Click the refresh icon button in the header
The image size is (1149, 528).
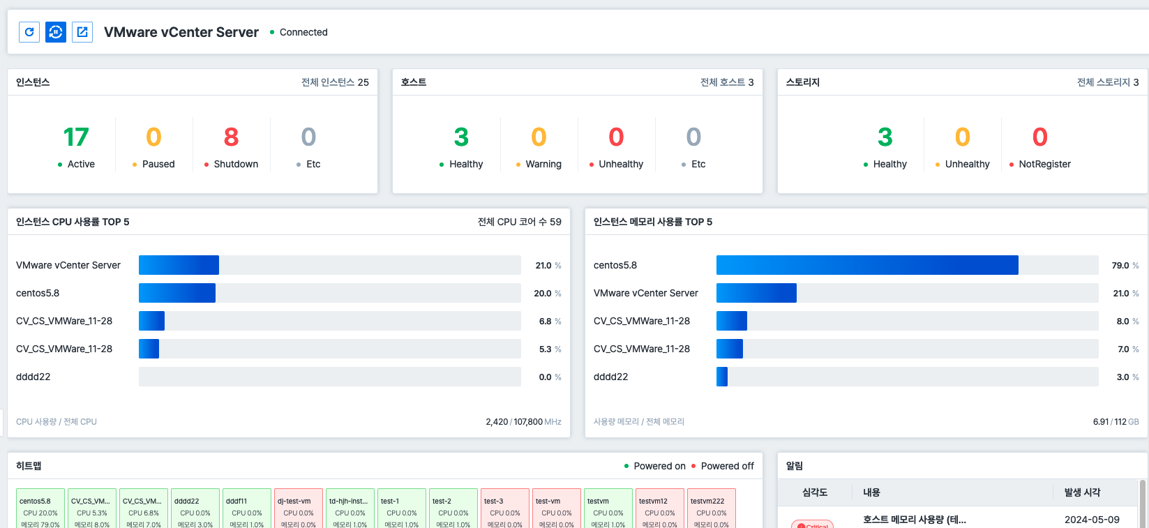coord(29,32)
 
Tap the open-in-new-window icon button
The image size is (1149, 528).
coord(82,32)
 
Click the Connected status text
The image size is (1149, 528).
coord(303,32)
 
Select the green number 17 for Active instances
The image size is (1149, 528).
coord(76,137)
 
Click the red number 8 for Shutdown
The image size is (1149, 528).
coord(231,137)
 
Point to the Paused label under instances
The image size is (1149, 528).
coord(158,164)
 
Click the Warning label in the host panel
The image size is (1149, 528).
coord(543,164)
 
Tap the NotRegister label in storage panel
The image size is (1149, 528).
coord(1044,164)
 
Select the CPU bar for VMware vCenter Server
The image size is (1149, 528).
coord(179,265)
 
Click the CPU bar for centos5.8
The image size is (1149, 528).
coord(177,293)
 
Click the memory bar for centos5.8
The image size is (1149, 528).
coord(867,265)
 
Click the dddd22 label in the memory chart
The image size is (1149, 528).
coord(610,377)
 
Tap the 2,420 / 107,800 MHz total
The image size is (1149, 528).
coord(523,421)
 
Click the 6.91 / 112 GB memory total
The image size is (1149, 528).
coord(1116,421)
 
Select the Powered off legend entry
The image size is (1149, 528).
coord(727,466)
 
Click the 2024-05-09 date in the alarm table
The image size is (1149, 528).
coord(1092,520)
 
